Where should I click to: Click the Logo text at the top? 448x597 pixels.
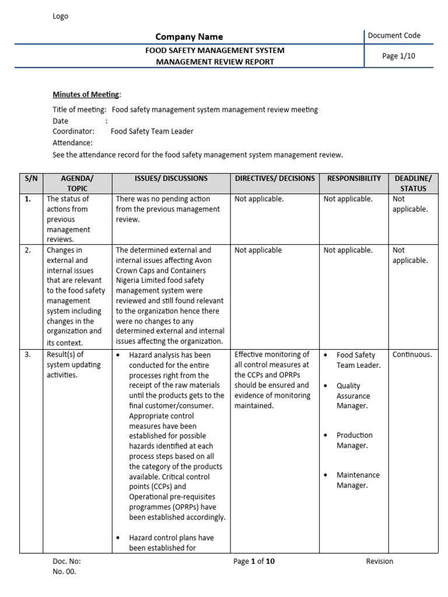click(x=60, y=16)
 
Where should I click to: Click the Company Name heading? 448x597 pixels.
click(x=188, y=37)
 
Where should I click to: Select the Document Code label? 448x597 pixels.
click(x=394, y=36)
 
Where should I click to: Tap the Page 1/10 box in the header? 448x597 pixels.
click(x=398, y=56)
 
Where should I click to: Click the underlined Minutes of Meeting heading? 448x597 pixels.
click(x=86, y=94)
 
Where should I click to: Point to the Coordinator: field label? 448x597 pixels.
click(x=73, y=131)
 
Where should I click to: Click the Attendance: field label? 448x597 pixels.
click(x=72, y=143)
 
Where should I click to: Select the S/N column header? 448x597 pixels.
click(x=30, y=178)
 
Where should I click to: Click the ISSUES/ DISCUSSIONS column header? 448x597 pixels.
click(x=171, y=178)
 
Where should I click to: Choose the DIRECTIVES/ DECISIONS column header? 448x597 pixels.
click(x=275, y=178)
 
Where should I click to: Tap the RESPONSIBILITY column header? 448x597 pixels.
click(x=354, y=178)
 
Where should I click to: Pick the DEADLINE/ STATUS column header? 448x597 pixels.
click(x=413, y=183)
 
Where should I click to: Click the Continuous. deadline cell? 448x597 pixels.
click(x=412, y=354)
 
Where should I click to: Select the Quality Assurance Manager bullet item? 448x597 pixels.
click(x=353, y=396)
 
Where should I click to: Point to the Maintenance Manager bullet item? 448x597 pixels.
click(x=358, y=480)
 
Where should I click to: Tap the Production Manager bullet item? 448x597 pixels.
click(x=354, y=440)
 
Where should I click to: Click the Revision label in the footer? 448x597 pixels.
click(x=379, y=561)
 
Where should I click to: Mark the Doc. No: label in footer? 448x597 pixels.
click(x=66, y=561)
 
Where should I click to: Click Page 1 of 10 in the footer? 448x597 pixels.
click(x=254, y=561)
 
